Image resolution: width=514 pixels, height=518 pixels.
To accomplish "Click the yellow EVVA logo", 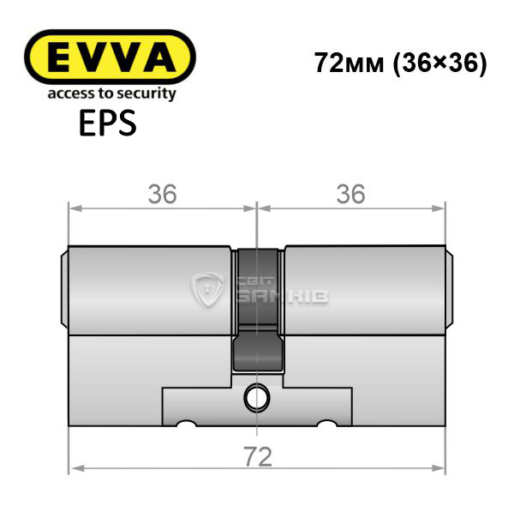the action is (x=110, y=57).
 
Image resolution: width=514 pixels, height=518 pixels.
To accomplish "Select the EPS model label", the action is (x=108, y=123).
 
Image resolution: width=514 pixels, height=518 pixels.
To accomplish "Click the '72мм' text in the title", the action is (x=350, y=63).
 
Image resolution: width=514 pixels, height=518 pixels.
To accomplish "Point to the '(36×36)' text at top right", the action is (x=439, y=63).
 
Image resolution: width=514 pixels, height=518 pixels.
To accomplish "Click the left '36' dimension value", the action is (x=162, y=194).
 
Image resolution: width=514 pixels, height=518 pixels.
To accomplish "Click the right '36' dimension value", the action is (x=350, y=194).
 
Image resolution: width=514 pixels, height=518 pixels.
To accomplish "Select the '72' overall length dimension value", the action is (x=258, y=457).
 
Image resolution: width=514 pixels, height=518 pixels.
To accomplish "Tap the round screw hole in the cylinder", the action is (x=256, y=399).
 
